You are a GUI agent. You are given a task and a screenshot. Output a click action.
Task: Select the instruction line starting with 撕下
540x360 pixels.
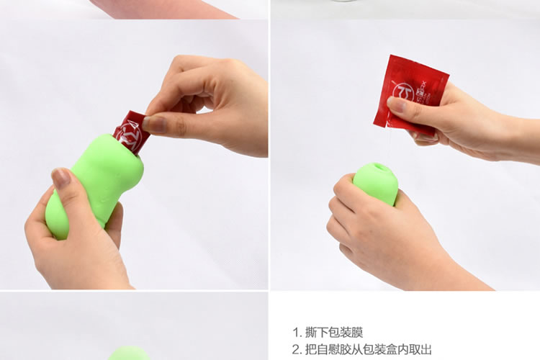click(x=328, y=332)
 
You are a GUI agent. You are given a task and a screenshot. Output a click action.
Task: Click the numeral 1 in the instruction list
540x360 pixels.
click(x=296, y=332)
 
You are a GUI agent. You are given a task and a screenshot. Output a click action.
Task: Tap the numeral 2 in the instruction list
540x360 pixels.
click(x=296, y=349)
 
